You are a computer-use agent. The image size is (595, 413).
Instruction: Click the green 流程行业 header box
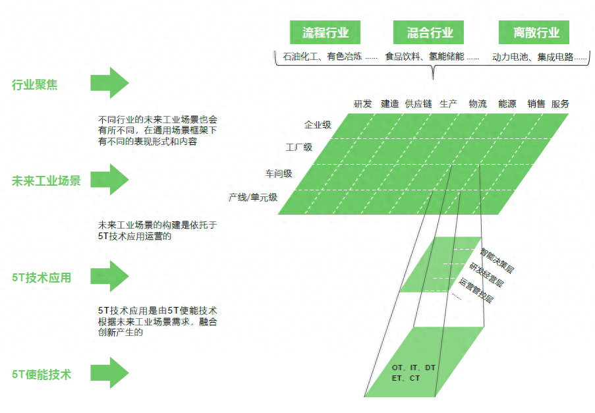(325, 32)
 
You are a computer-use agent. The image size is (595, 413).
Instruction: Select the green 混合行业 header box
(428, 32)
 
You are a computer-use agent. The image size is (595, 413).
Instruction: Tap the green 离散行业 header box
(534, 32)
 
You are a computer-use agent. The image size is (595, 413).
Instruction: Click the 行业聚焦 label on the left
(34, 84)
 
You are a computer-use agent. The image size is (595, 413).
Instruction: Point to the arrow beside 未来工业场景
(109, 179)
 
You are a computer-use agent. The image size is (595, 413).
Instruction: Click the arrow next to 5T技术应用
(109, 276)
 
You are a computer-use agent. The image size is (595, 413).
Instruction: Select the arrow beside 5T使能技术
(109, 373)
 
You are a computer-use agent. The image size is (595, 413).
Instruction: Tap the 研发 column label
(363, 104)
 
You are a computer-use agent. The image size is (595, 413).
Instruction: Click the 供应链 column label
(418, 104)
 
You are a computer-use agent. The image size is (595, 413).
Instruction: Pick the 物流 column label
(478, 104)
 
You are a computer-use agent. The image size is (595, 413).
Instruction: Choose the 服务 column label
(560, 104)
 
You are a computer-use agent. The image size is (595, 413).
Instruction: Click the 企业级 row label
(318, 124)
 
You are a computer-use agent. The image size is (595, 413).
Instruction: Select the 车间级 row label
(279, 174)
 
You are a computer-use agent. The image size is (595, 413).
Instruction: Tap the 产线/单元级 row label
(253, 197)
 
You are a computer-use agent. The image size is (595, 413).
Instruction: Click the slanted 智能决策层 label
(497, 261)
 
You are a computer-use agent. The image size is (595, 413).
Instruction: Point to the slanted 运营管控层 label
(476, 290)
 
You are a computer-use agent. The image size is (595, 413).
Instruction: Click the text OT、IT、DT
(414, 368)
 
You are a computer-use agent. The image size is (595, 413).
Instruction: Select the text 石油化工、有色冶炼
(322, 57)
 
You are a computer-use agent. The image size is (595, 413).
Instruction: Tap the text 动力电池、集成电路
(532, 57)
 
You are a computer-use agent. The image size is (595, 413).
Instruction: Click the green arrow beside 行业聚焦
(109, 83)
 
